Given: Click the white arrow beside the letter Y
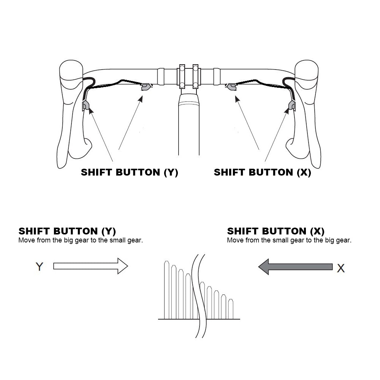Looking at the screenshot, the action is [x=90, y=266].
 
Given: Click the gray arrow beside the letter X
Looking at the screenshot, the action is [x=295, y=267].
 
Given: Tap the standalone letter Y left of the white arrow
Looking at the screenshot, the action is [x=39, y=267].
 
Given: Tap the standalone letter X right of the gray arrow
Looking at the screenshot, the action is [x=341, y=268].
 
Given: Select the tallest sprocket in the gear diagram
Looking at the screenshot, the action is [x=166, y=290].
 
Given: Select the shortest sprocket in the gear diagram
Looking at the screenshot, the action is [x=231, y=309].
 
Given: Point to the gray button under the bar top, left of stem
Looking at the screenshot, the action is [x=146, y=87].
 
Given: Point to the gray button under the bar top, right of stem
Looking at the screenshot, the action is [x=232, y=87].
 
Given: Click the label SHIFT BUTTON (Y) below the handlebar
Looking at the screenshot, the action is [x=130, y=172].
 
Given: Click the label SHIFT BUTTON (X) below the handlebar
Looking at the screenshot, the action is [x=263, y=172].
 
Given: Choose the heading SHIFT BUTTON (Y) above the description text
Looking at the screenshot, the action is [x=67, y=231].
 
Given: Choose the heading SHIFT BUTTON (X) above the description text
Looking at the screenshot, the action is [x=276, y=231].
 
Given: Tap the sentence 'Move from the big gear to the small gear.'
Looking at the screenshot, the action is [x=81, y=241].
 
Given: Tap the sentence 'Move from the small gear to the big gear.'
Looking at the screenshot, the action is [x=289, y=241].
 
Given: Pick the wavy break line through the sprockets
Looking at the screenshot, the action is [x=199, y=296].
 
